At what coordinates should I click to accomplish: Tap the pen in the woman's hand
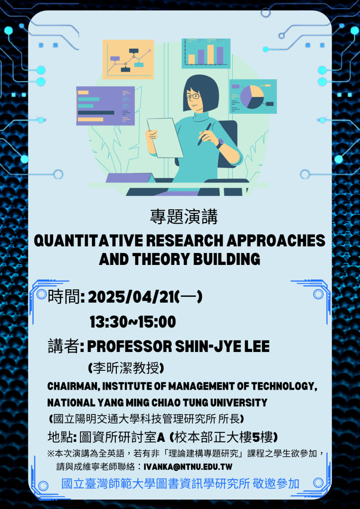204,134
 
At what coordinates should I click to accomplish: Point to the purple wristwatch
220,143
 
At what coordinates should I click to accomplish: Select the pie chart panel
253,96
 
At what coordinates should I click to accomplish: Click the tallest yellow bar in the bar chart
210,54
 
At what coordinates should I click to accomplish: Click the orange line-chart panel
128,60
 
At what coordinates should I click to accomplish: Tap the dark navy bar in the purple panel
96,113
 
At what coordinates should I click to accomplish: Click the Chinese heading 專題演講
184,217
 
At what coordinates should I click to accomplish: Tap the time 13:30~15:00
133,322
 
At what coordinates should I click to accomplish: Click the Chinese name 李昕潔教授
126,368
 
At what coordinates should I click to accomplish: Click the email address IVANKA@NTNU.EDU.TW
187,467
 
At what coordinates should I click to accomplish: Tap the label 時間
64,296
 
